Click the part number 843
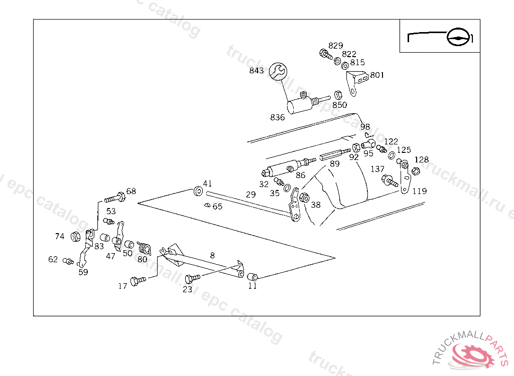256,71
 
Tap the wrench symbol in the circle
278,71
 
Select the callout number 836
277,117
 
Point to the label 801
377,75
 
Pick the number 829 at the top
336,46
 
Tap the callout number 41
207,183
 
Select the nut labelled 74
76,236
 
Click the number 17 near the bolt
122,286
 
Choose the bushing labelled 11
252,276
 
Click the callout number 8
212,255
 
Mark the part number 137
377,169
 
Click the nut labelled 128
416,171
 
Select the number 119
420,191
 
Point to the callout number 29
250,195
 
